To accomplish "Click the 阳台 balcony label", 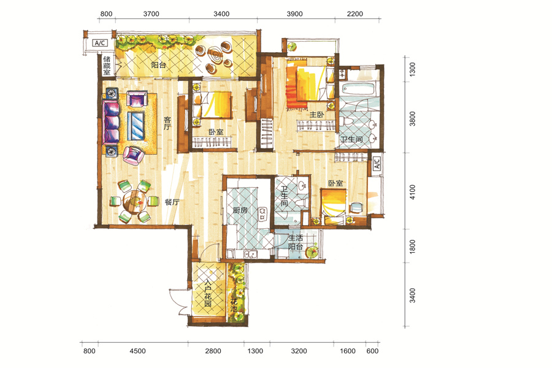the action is point(158,65).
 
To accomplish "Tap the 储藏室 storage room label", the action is point(107,66).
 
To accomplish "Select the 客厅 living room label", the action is point(167,123).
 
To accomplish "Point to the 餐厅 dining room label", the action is point(172,202).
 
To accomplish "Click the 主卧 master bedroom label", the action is point(316,115).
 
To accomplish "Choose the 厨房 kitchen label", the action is point(240,210).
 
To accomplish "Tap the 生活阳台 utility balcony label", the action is point(296,242).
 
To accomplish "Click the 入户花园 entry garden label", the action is point(208,293).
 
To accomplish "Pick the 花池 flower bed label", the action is point(234,305).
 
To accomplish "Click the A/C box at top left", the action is point(99,43).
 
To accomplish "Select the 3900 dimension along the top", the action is point(294,13).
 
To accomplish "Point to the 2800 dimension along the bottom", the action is point(213,351).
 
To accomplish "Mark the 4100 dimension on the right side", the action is point(413,192).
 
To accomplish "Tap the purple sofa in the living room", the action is point(111,122).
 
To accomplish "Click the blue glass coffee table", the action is point(136,126).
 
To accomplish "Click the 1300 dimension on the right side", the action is point(413,69).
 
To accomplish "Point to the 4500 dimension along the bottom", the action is point(137,351).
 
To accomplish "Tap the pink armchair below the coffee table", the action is point(134,155).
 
